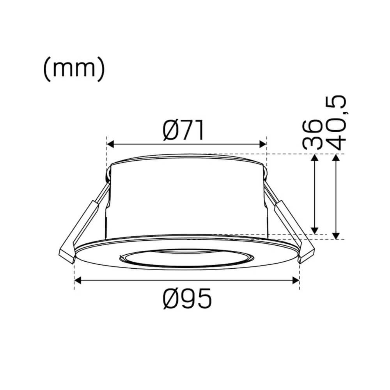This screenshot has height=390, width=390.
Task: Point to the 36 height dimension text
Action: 313,134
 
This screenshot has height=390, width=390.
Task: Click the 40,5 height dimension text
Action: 335,123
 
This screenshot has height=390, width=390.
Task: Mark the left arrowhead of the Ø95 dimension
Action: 77,280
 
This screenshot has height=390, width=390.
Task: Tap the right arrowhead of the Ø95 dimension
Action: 296,280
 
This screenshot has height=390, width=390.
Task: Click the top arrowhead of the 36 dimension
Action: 315,157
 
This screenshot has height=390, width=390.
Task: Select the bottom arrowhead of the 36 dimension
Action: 315,230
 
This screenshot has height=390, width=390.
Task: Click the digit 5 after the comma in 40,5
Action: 335,102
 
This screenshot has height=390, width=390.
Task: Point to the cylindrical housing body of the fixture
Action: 187,195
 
